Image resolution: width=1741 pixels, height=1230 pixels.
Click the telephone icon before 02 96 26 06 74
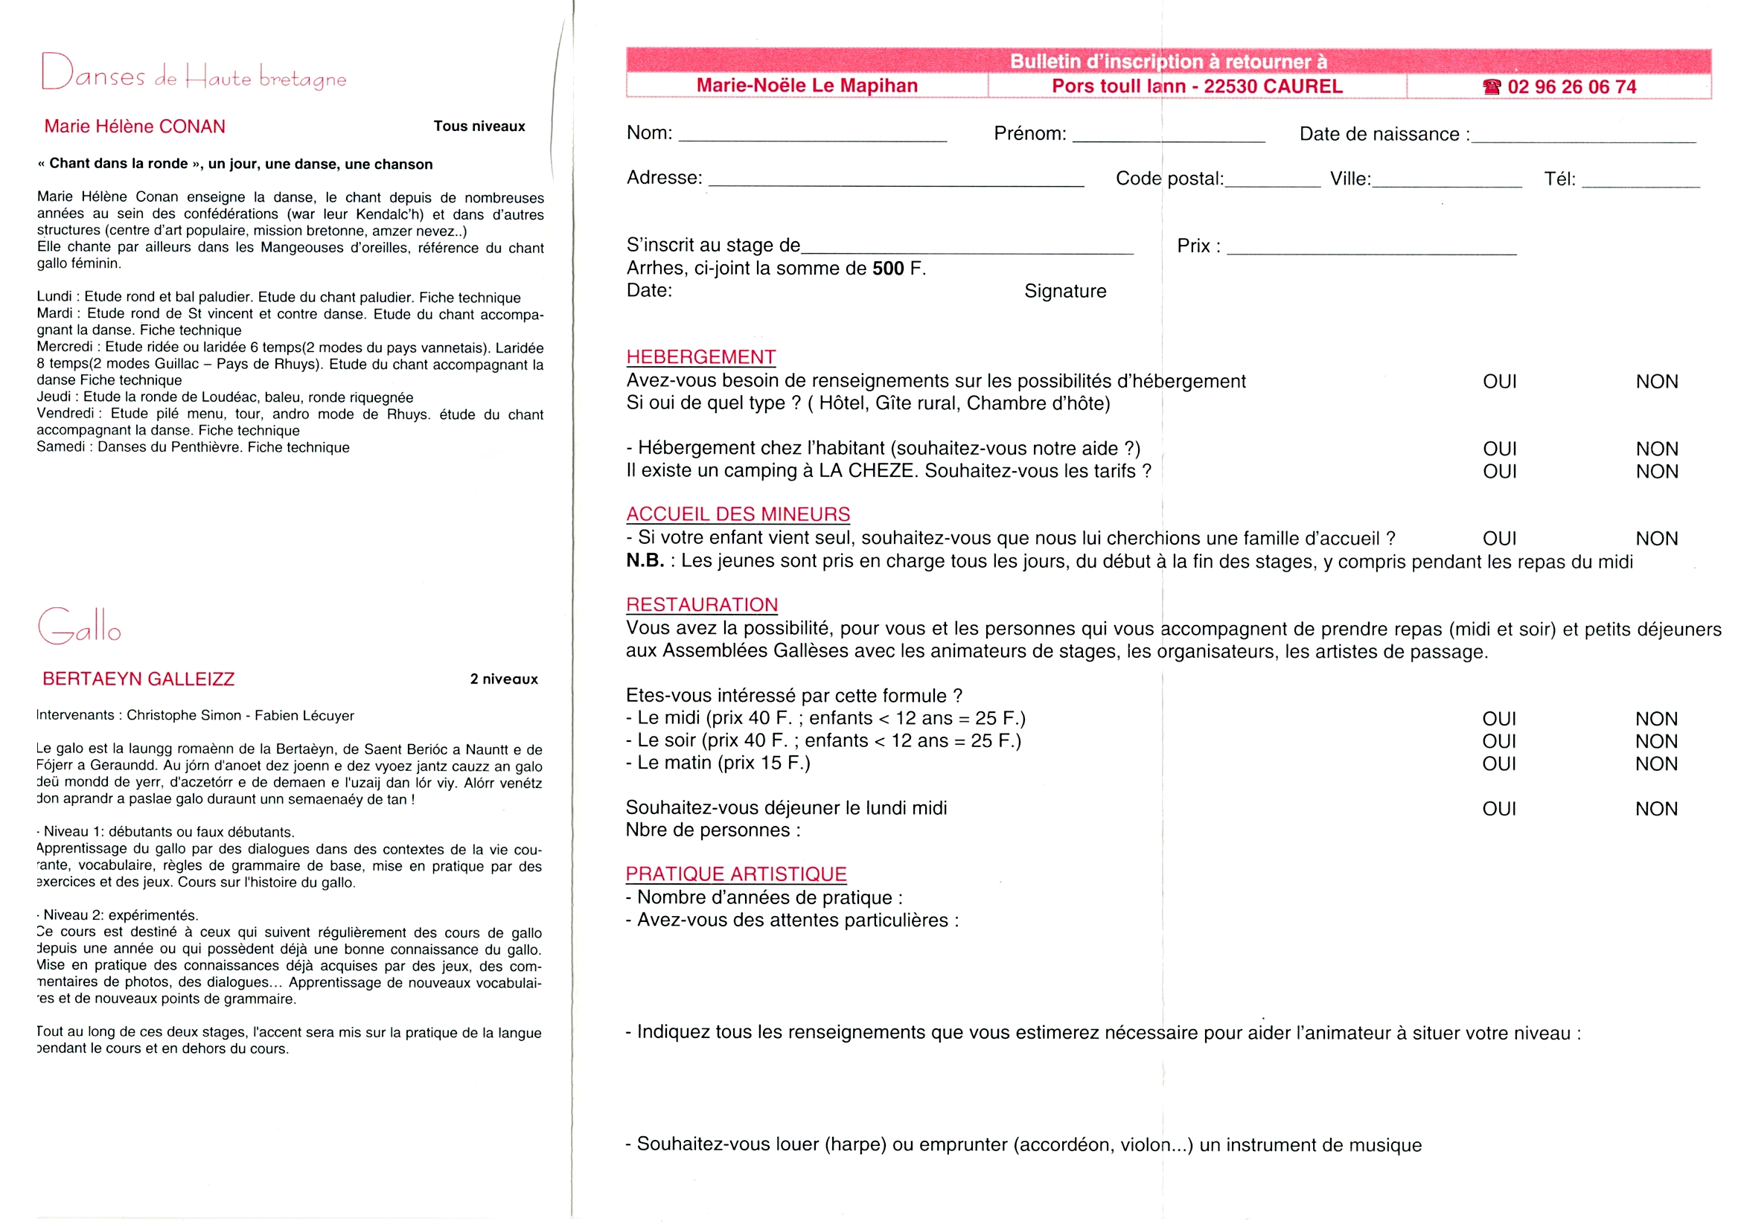coord(1492,87)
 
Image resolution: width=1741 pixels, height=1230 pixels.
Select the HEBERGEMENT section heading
coord(700,357)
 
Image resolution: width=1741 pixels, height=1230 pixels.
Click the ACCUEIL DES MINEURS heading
coord(738,514)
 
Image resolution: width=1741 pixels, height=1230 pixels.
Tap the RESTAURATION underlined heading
coord(701,605)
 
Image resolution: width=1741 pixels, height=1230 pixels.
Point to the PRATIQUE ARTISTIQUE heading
coord(735,874)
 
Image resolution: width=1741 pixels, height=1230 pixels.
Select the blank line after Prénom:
coord(1169,137)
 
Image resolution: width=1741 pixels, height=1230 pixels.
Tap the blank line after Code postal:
coord(1272,182)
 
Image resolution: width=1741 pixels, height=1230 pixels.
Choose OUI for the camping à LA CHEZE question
coord(1499,471)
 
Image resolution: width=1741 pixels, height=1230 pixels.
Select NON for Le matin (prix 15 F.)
coord(1656,764)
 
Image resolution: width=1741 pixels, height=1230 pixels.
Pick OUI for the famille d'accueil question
coord(1499,539)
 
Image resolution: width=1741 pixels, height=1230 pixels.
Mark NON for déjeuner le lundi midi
coord(1656,809)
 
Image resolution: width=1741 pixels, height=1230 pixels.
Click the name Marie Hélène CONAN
coord(135,126)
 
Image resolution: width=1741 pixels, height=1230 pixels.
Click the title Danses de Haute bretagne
coord(194,74)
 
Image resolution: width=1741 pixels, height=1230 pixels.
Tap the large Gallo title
coord(79,627)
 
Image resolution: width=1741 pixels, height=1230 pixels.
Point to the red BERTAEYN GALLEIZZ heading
coord(138,679)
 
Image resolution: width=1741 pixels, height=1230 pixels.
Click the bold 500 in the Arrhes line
coord(888,269)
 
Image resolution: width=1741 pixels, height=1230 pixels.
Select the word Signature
coord(1064,291)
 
